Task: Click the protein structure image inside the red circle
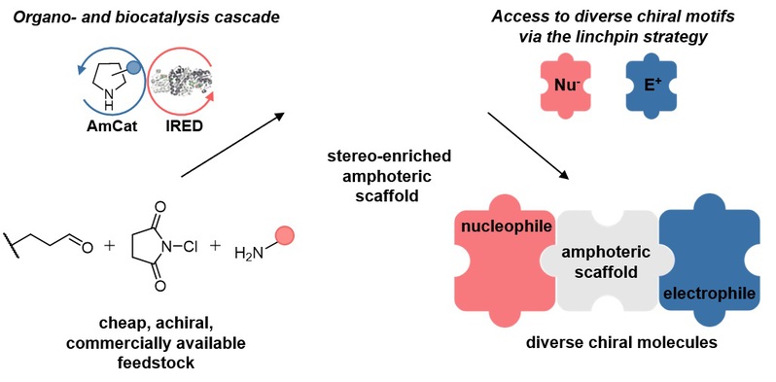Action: (x=183, y=80)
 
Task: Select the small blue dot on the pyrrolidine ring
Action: (x=133, y=68)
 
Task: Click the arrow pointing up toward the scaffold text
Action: (x=232, y=145)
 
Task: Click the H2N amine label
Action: (x=247, y=254)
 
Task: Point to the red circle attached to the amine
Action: (x=285, y=236)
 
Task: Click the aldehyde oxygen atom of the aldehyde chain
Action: (x=87, y=246)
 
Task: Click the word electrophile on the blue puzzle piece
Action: (x=708, y=294)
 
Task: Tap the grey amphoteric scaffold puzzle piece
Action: (x=607, y=262)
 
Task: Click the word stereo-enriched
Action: (x=389, y=156)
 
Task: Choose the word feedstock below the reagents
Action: (x=156, y=363)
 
